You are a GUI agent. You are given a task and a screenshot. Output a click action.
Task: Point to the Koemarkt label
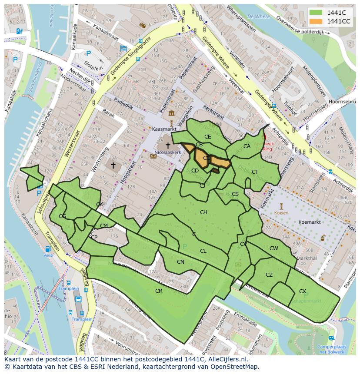pos(310,222)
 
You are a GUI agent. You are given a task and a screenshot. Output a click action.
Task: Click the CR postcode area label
pos(159,291)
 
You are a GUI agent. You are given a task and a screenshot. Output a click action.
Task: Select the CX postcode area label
pos(303,291)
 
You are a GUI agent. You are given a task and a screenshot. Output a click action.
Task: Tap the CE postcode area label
pos(208,137)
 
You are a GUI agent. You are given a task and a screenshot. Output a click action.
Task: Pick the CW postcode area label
pos(273,248)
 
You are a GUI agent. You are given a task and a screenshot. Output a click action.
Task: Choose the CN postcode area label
pos(180,261)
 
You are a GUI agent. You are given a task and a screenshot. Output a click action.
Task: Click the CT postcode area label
pos(255,172)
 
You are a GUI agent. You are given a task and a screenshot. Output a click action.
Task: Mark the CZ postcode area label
pos(269,275)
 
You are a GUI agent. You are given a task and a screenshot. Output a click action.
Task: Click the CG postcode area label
pos(63,216)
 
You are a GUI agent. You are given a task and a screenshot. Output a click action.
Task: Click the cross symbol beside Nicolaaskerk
pos(168,146)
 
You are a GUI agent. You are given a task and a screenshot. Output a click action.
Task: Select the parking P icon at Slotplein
pos(88,53)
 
